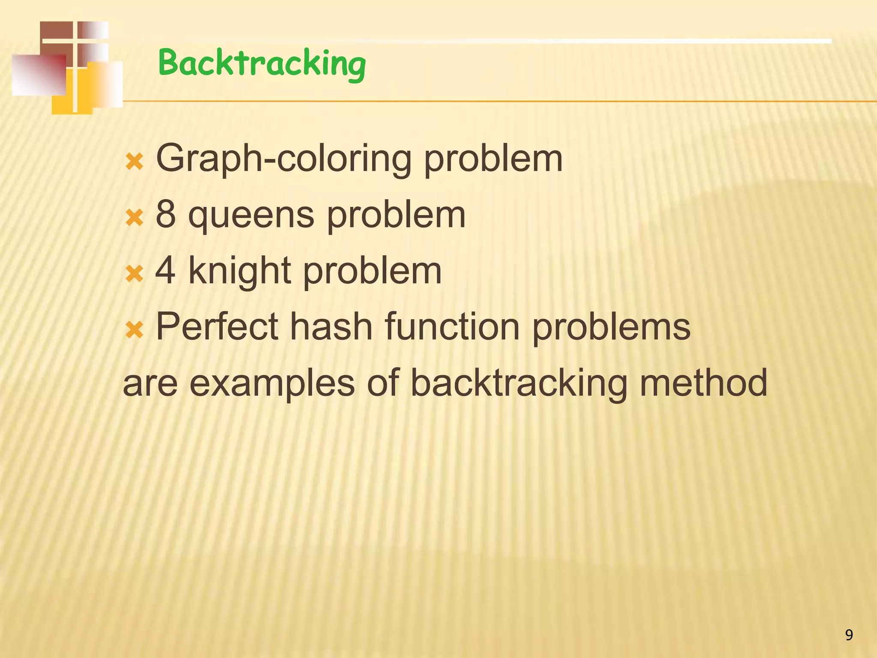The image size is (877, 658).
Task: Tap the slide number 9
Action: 849,634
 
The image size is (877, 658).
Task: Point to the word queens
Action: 251,216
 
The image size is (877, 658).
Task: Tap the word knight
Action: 240,272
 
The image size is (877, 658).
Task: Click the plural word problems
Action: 611,329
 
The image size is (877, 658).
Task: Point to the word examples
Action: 272,384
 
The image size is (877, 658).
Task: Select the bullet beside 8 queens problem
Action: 134,218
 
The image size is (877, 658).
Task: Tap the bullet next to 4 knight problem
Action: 134,274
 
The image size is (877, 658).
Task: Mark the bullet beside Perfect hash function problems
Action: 134,330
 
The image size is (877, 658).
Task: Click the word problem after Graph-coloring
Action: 493,161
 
